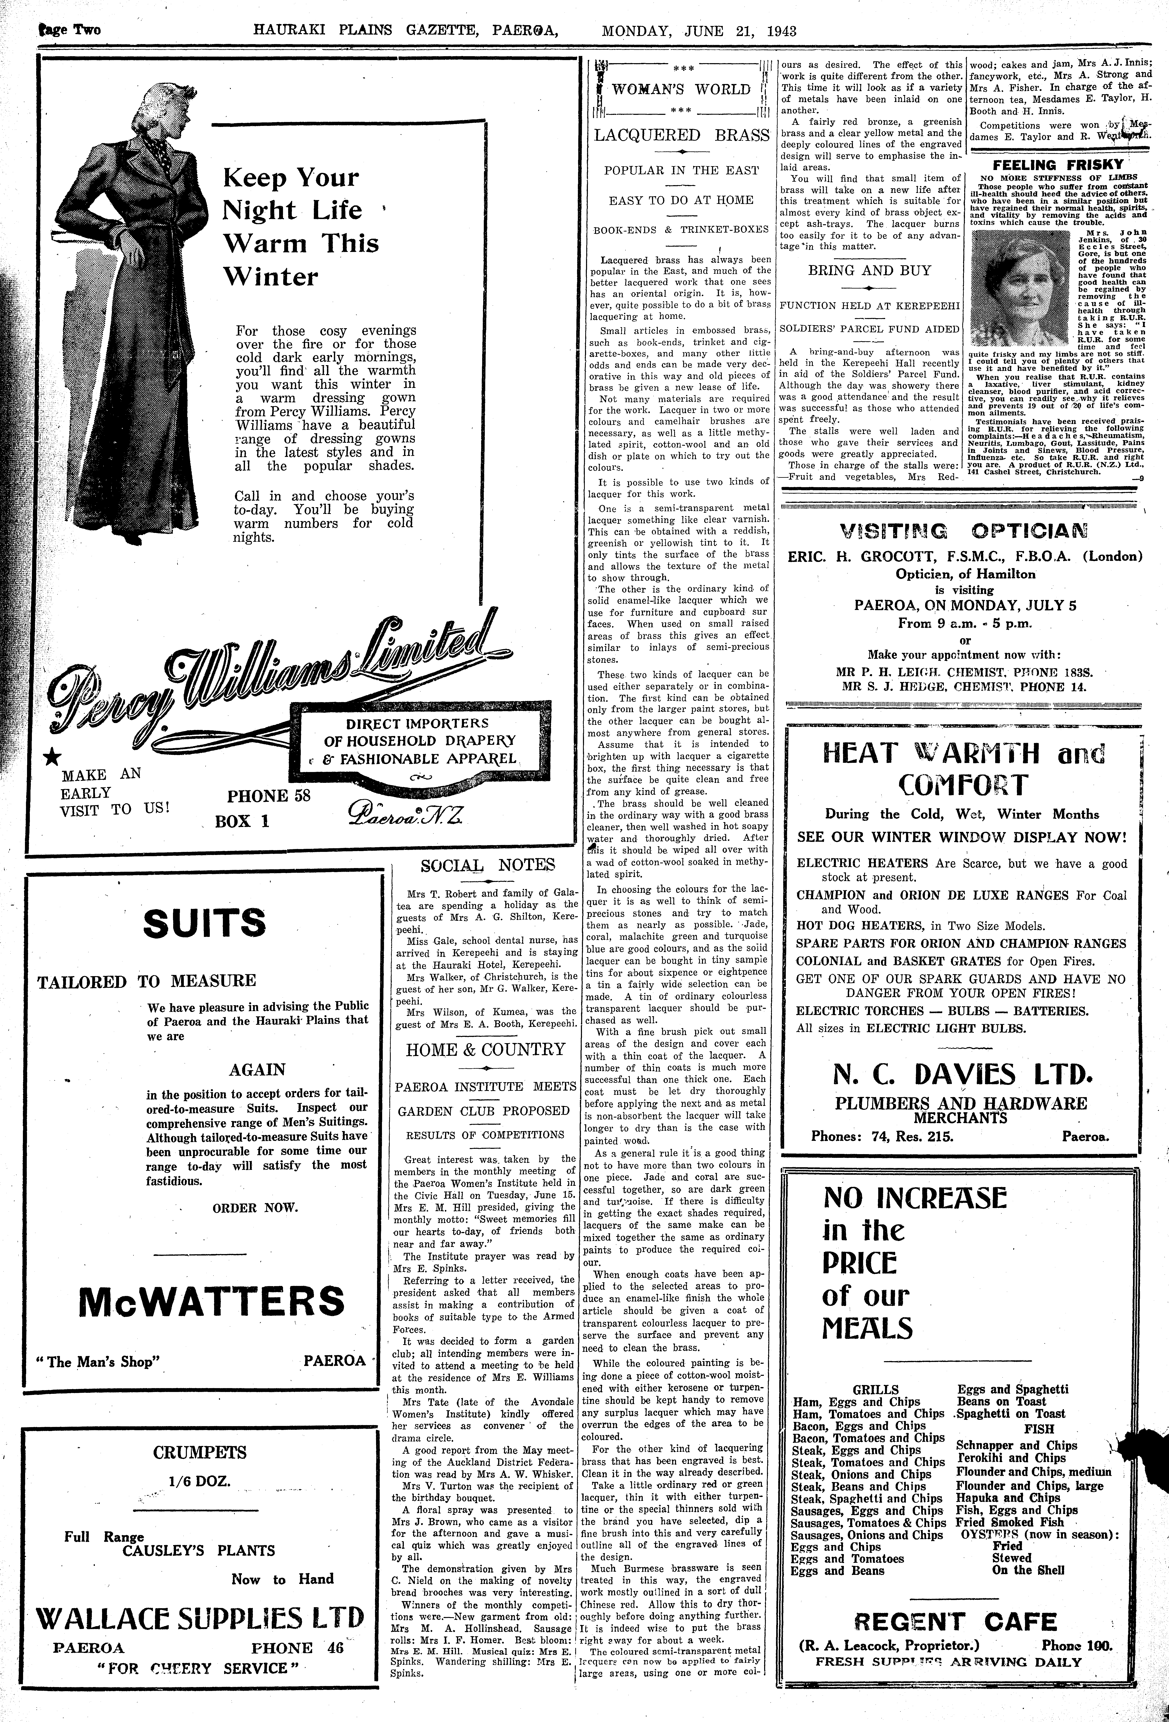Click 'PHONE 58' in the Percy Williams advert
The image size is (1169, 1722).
point(268,796)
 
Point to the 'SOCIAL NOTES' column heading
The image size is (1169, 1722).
point(488,865)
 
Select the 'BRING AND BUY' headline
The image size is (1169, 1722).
point(869,271)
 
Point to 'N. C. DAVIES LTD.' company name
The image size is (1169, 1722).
point(961,1074)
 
